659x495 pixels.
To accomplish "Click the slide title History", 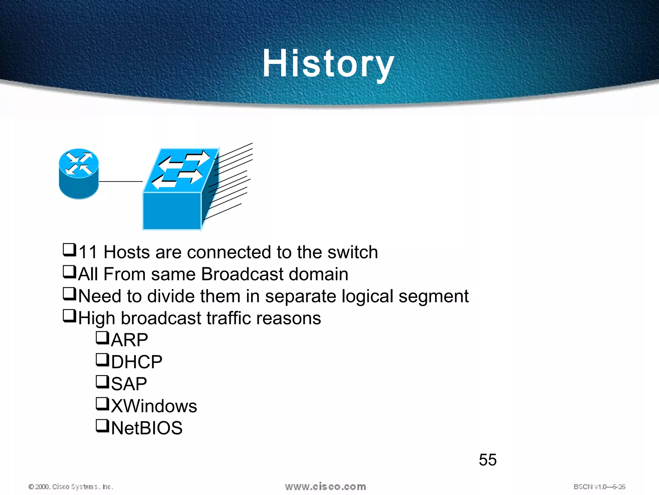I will [328, 63].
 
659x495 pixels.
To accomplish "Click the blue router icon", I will [79, 174].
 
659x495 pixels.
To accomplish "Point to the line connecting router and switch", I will [121, 181].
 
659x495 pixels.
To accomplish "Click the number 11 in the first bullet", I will [88, 252].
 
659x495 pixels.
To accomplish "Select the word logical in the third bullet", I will [367, 296].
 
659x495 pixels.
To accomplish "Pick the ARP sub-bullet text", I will [129, 340].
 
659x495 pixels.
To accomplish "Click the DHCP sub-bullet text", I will [136, 362].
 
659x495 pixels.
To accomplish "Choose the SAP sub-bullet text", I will [129, 384].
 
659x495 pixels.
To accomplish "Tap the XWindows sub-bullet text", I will [154, 406].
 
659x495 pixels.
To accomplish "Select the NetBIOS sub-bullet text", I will [147, 428].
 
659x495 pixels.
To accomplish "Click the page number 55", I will [487, 460].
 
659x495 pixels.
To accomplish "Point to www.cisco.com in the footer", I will [325, 487].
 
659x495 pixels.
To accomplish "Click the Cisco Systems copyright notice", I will [71, 487].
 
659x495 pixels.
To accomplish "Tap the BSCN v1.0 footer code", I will [599, 487].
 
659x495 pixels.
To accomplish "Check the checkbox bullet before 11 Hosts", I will [69, 250].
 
